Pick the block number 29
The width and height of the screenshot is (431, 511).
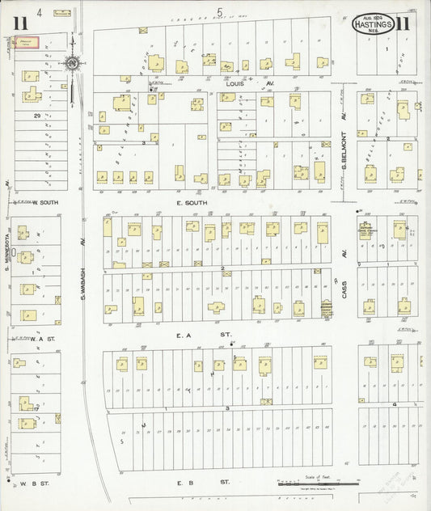coord(37,116)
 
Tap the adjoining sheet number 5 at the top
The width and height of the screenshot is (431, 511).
coord(219,11)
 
